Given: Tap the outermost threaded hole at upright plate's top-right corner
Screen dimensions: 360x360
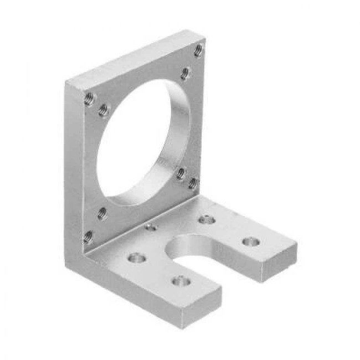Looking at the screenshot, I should coord(198,52).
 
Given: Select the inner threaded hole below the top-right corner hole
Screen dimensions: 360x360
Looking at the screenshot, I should coord(186,72).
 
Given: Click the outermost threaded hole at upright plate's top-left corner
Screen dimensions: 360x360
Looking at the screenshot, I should coord(89,99).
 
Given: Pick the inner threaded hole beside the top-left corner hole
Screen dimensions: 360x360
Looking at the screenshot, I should coord(102,111).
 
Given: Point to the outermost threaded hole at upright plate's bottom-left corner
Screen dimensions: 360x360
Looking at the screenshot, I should coord(88,238).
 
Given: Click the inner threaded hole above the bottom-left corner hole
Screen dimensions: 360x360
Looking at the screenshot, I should coord(102,212).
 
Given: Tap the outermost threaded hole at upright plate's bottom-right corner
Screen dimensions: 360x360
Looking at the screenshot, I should coord(193,182).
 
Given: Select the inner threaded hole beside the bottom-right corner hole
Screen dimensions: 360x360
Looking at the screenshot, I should coord(181,174).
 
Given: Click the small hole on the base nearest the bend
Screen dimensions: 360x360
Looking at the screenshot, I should coord(150,227).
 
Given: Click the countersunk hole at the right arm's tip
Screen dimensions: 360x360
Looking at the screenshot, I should coord(251,242).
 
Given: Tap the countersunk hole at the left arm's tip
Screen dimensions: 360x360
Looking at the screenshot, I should coord(181,282).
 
